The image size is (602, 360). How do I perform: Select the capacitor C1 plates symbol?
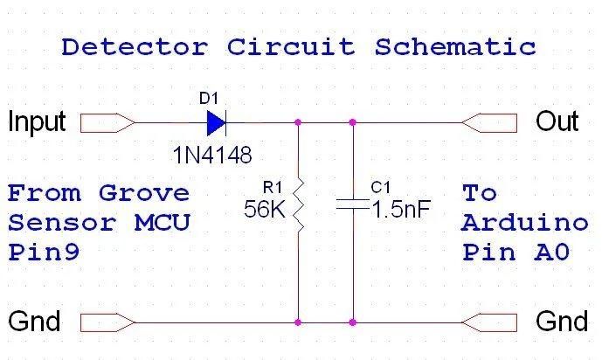353,207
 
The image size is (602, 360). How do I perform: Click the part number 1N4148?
212,156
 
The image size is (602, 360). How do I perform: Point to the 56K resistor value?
266,210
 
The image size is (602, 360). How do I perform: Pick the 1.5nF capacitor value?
400,210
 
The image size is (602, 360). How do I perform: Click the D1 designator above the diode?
209,97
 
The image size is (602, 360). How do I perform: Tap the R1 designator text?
273,186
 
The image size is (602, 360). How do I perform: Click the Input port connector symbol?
107,122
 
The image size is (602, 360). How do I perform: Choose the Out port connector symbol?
489,122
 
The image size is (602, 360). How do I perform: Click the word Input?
37,121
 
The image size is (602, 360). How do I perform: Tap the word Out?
557,121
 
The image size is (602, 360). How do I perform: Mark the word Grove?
144,191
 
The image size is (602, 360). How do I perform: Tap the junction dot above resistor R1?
299,122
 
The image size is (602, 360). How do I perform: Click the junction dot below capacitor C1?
353,322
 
